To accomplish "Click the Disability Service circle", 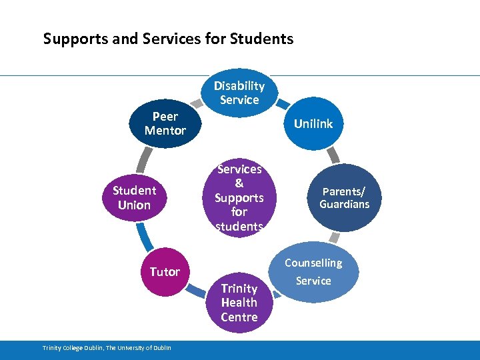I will click(x=239, y=93).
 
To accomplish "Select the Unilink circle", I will click(x=313, y=123).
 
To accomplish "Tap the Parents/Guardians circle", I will click(x=344, y=198).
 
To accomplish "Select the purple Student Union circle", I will click(x=134, y=198).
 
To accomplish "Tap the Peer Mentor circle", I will click(x=165, y=123).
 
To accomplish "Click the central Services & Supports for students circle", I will click(x=239, y=198).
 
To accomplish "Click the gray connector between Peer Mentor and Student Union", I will click(x=142, y=160).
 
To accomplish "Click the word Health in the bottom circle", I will click(x=239, y=303).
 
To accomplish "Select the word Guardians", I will click(x=344, y=205).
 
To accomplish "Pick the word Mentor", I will click(x=165, y=131).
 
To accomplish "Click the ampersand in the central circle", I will click(x=239, y=183).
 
